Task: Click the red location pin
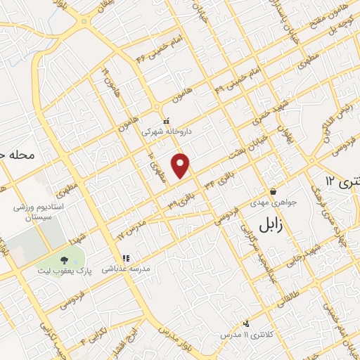181,165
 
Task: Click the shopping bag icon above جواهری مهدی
272,191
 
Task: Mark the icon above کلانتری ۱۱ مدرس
246,323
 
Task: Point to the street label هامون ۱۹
107,79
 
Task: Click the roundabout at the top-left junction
85,22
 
